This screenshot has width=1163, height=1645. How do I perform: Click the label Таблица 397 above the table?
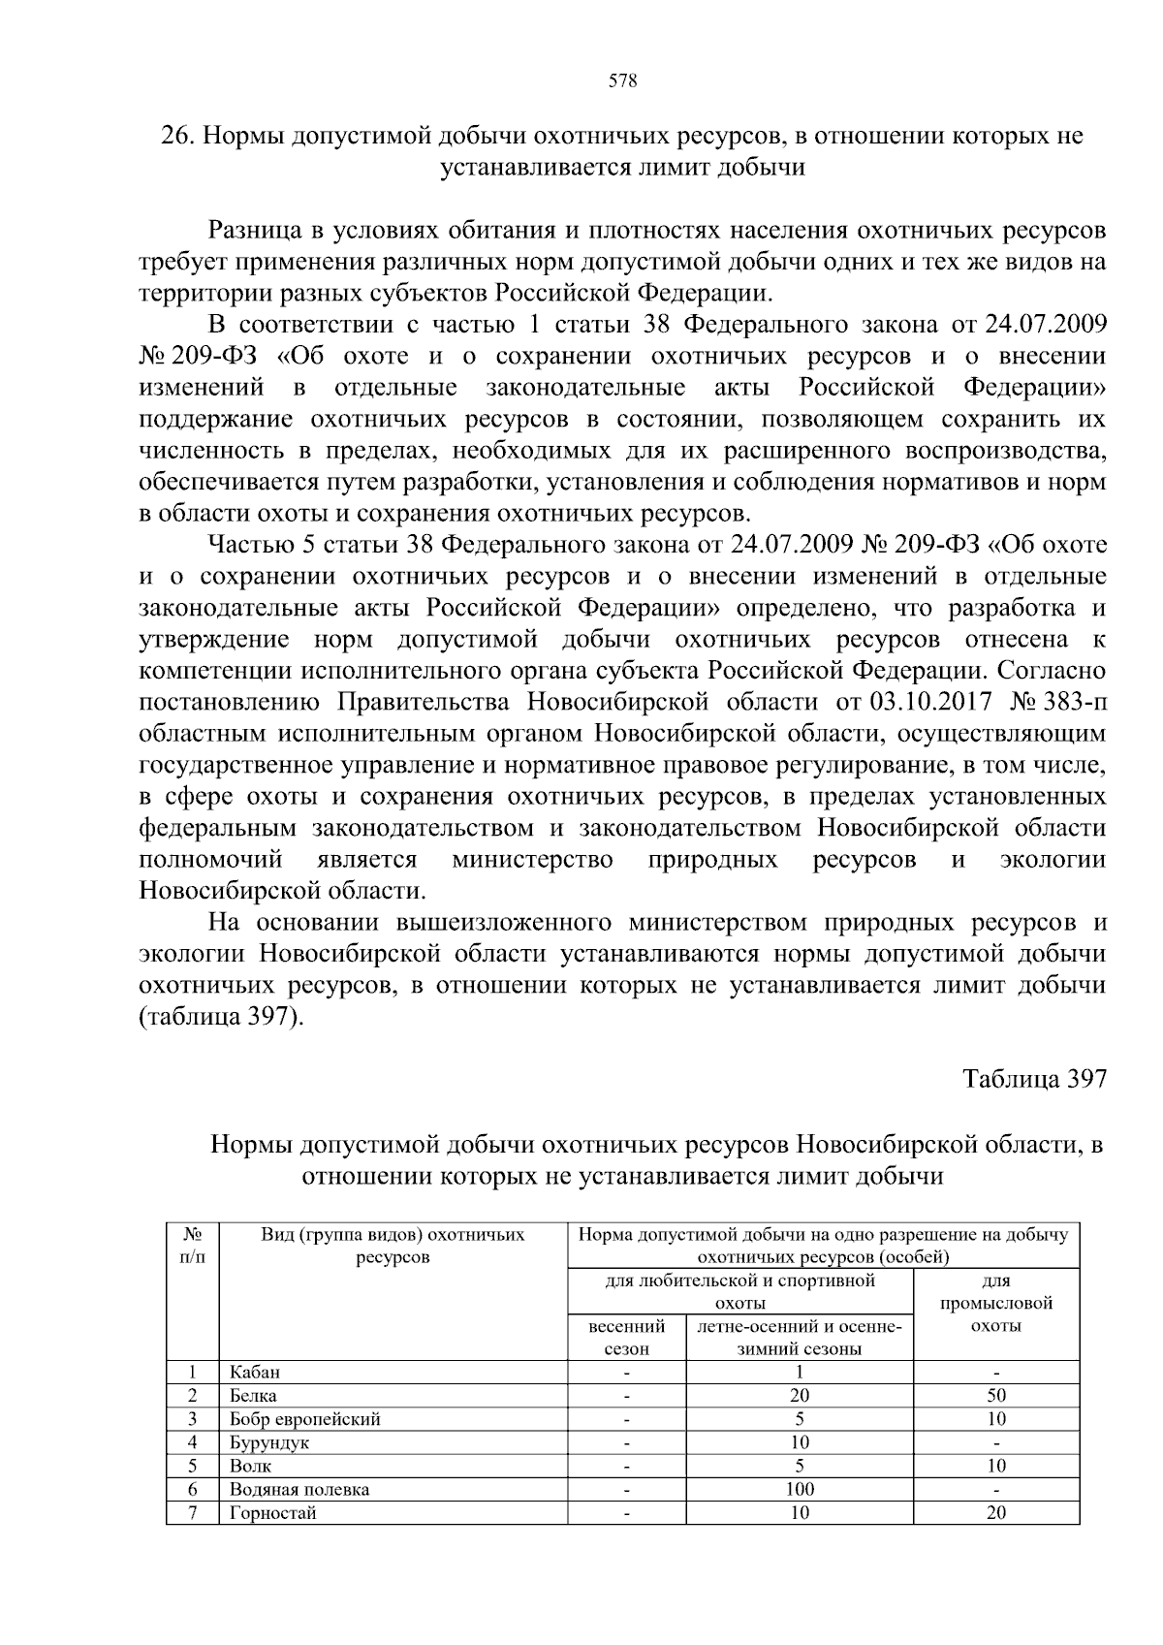[x=1034, y=1080]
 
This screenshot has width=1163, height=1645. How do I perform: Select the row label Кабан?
[x=255, y=1372]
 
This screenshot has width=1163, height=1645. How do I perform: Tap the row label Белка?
[x=253, y=1396]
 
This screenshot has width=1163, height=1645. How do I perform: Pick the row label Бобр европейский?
[x=304, y=1419]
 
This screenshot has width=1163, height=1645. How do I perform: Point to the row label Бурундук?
[x=269, y=1442]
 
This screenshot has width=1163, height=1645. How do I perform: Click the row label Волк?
[x=250, y=1466]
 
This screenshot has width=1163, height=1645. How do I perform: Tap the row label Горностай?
[x=273, y=1512]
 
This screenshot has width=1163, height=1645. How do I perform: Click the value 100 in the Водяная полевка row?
[x=800, y=1489]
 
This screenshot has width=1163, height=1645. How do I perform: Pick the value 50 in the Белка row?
[x=996, y=1396]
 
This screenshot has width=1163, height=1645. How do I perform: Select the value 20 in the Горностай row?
[x=996, y=1512]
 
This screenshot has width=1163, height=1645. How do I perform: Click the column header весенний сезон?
[x=626, y=1337]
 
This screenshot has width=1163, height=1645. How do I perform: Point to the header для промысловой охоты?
[x=996, y=1303]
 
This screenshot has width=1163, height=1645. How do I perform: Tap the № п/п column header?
[x=192, y=1246]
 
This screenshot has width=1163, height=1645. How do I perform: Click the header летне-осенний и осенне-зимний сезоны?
[x=800, y=1337]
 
